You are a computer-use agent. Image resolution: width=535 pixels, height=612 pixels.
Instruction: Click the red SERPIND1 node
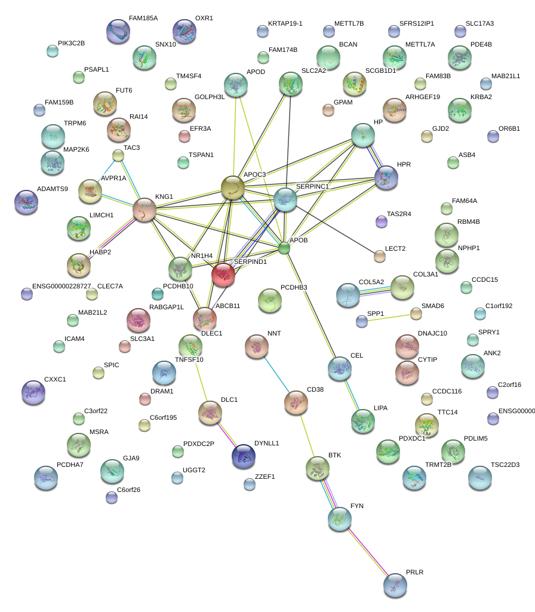coord(223,275)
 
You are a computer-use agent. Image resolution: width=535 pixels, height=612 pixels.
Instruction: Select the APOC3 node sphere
coord(233,187)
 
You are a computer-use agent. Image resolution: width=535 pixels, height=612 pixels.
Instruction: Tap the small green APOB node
coord(284,247)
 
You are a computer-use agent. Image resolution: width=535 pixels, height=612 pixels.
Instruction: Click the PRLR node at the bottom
coord(395,585)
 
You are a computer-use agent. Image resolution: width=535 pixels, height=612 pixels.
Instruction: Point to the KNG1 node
coord(144,211)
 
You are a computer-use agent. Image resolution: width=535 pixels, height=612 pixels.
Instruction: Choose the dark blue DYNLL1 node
coord(243,456)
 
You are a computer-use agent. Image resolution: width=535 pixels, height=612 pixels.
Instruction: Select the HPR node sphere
coord(386,177)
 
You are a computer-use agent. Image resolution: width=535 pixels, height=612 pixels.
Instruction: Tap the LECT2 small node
coord(379,257)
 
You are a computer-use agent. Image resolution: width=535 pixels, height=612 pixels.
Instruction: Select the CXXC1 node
coord(33,392)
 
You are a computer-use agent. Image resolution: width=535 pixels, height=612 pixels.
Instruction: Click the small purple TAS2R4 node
coord(382,222)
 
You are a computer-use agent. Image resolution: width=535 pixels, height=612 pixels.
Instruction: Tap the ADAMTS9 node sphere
coord(26,202)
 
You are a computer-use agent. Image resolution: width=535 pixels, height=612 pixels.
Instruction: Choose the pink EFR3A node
coord(184,137)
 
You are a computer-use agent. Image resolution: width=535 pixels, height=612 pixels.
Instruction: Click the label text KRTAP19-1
coord(285,24)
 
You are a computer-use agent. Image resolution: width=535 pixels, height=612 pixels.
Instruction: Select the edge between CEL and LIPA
coord(351,393)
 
